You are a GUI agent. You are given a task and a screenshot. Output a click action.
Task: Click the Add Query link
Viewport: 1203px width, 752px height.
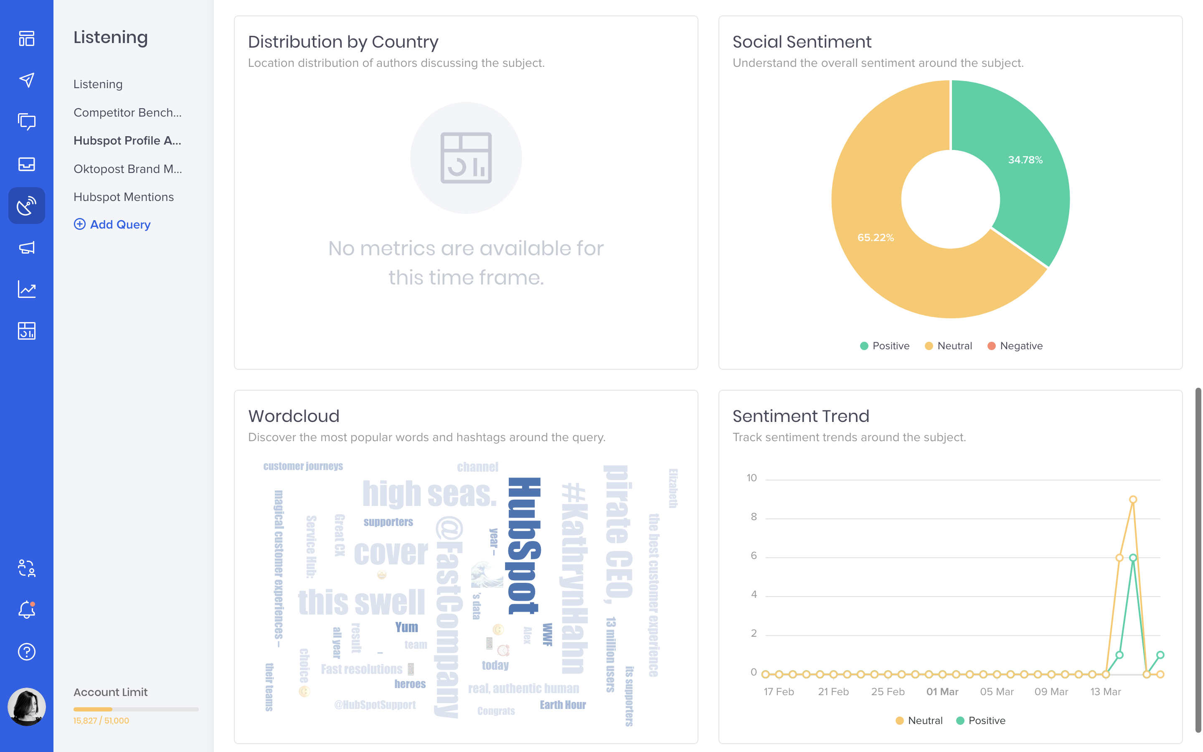112,224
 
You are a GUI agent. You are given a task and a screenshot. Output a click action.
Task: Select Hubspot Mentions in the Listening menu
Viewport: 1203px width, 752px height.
123,197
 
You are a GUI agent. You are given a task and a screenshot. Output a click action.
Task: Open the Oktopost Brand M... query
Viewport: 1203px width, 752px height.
127,169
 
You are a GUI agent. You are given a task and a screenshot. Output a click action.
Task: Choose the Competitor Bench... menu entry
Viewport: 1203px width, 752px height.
127,112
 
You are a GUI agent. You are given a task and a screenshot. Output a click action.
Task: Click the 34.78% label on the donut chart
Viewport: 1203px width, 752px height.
1025,160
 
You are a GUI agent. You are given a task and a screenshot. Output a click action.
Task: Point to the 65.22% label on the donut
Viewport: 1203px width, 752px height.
875,238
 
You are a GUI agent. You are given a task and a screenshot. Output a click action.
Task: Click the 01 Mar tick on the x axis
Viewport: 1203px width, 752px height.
942,691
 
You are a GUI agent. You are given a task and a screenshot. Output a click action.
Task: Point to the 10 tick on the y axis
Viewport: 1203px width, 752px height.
751,478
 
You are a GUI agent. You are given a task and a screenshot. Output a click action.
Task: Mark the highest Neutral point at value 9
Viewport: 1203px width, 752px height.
1132,499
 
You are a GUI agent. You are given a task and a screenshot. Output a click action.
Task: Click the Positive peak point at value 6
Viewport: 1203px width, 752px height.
1132,558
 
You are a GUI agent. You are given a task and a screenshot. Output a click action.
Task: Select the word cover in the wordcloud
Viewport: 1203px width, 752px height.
391,553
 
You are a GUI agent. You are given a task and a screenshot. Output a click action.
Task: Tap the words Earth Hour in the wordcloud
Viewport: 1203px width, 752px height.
562,705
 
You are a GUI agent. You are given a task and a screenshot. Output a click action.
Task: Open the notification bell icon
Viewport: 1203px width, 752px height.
27,610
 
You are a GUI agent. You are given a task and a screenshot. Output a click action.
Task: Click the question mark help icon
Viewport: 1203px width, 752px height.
27,652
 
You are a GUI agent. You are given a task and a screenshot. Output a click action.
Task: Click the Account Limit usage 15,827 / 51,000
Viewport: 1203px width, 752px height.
101,721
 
